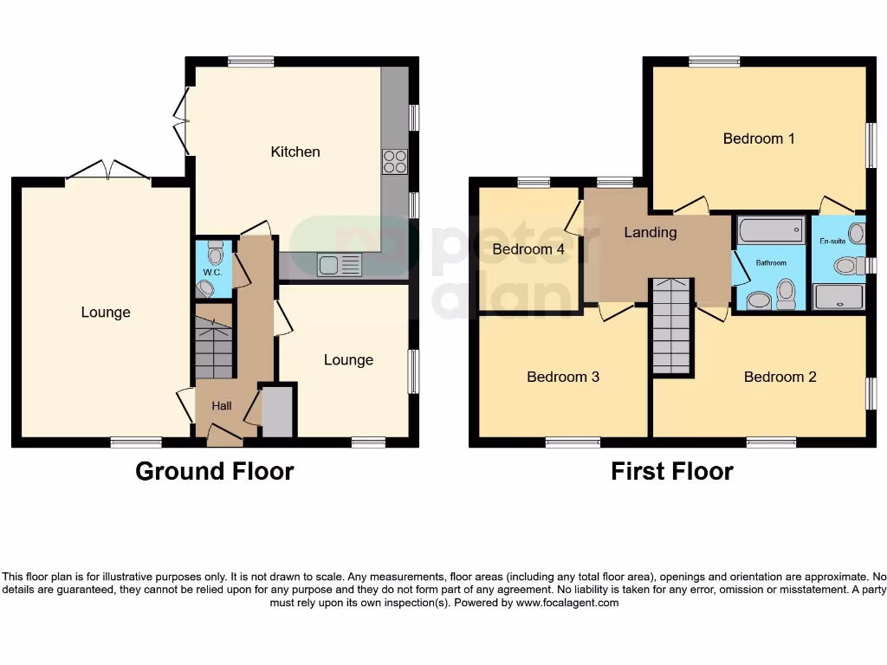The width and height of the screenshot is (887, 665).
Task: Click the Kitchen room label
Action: [x=295, y=152]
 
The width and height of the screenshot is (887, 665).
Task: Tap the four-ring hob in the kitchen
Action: [x=395, y=162]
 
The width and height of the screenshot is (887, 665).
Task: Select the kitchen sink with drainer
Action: [x=339, y=265]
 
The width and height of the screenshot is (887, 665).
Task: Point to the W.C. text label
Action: [x=213, y=273]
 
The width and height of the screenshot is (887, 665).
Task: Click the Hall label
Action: [x=223, y=405]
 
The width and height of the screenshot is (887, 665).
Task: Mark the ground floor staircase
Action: [x=214, y=347]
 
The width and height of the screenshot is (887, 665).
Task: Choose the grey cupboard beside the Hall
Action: [x=277, y=412]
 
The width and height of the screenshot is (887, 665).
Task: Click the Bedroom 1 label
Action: [x=759, y=138]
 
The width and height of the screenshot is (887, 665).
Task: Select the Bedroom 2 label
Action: [x=780, y=377]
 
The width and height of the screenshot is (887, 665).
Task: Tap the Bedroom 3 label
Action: [x=563, y=377]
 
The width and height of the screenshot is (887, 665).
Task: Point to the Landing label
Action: [x=650, y=232]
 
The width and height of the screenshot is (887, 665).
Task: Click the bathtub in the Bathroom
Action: [x=770, y=231]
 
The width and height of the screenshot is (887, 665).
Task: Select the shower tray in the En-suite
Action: [x=838, y=297]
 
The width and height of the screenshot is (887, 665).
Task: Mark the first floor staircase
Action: [x=672, y=327]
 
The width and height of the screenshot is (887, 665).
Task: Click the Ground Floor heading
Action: [x=214, y=471]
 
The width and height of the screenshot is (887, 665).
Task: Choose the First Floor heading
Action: [x=671, y=471]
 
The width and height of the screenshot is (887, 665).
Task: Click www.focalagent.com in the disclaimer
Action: [x=567, y=603]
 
